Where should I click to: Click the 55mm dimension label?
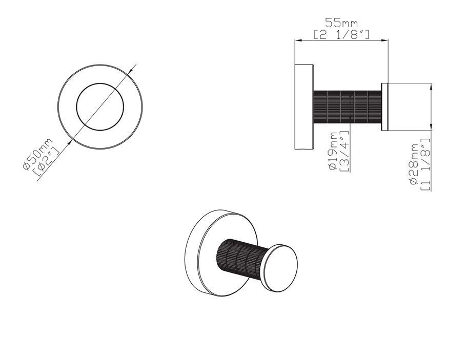[x=341, y=23]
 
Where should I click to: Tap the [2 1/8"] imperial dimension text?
[x=341, y=35]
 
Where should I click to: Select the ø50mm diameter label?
[x=37, y=154]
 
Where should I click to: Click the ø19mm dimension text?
[x=333, y=151]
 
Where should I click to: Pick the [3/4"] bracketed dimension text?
[x=344, y=151]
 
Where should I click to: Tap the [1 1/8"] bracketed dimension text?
[x=425, y=164]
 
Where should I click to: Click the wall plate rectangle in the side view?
[x=304, y=107]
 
